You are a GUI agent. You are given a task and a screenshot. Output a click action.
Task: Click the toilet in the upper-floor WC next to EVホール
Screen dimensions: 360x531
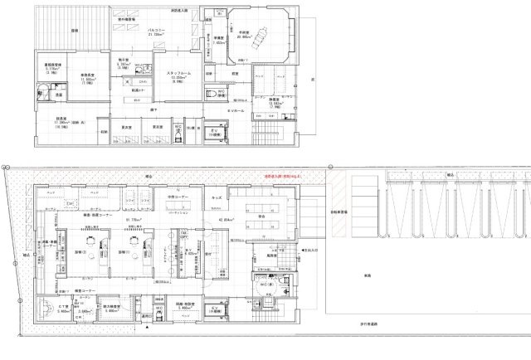point(212,94)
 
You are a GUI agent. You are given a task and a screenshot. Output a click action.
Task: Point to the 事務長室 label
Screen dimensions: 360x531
point(86,75)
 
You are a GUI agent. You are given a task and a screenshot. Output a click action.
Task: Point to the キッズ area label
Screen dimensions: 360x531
point(217,197)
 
